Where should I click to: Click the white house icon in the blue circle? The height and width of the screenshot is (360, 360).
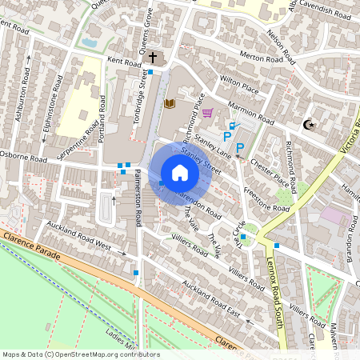tap(180, 173)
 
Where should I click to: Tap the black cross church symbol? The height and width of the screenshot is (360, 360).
tap(153, 58)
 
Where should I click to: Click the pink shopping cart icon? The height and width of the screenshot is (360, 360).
tap(207, 113)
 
